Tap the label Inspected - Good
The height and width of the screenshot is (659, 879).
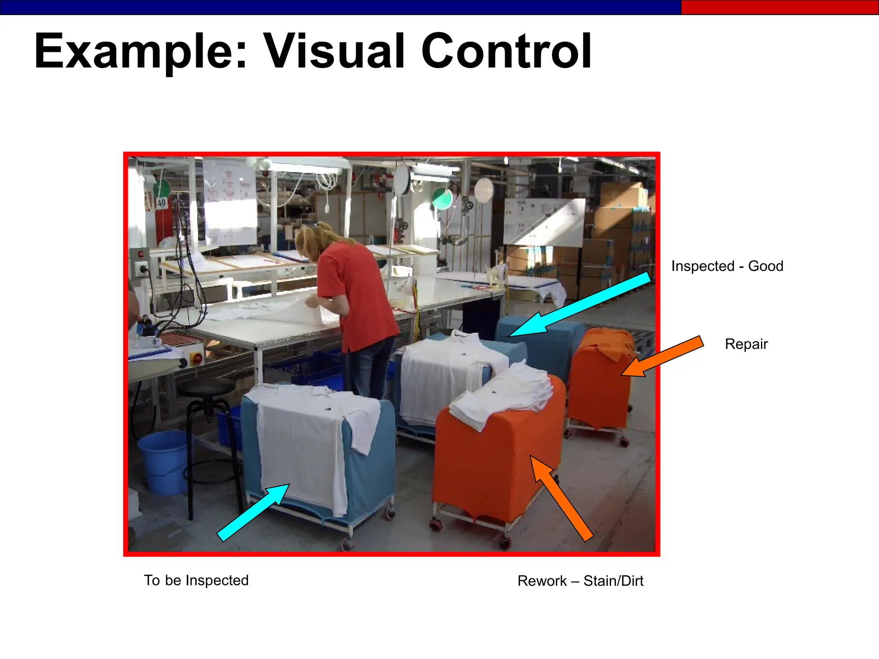[727, 266]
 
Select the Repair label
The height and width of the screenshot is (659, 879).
[746, 344]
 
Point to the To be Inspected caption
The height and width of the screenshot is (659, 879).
[196, 580]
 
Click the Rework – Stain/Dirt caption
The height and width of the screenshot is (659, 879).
[580, 581]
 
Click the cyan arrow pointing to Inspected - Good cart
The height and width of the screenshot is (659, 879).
[579, 305]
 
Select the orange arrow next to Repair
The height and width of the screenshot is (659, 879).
[663, 356]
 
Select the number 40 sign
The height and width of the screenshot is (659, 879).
[161, 202]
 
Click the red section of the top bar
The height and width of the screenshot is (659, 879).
[779, 7]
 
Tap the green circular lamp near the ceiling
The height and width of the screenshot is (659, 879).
[442, 198]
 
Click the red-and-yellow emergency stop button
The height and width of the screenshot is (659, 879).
[197, 358]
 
